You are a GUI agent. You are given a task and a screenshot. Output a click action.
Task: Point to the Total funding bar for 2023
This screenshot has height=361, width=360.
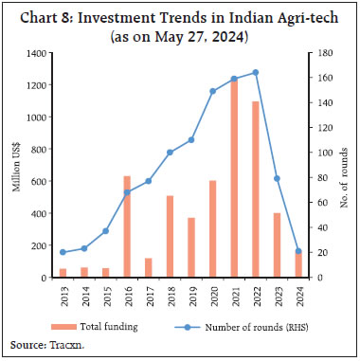coord(277,244)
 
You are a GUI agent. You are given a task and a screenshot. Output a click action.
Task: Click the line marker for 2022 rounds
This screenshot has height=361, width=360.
coord(256,72)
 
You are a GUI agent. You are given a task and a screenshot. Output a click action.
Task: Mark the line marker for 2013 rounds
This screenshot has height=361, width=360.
coord(63,252)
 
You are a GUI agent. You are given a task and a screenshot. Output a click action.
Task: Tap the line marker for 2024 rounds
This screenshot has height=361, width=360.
coord(298,251)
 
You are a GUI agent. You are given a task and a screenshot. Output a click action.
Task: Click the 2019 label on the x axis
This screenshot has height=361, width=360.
coord(191,295)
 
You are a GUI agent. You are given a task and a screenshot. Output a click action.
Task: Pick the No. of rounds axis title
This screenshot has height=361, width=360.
coord(344,166)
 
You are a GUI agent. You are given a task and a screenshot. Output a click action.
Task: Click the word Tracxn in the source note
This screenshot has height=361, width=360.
coord(61,347)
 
